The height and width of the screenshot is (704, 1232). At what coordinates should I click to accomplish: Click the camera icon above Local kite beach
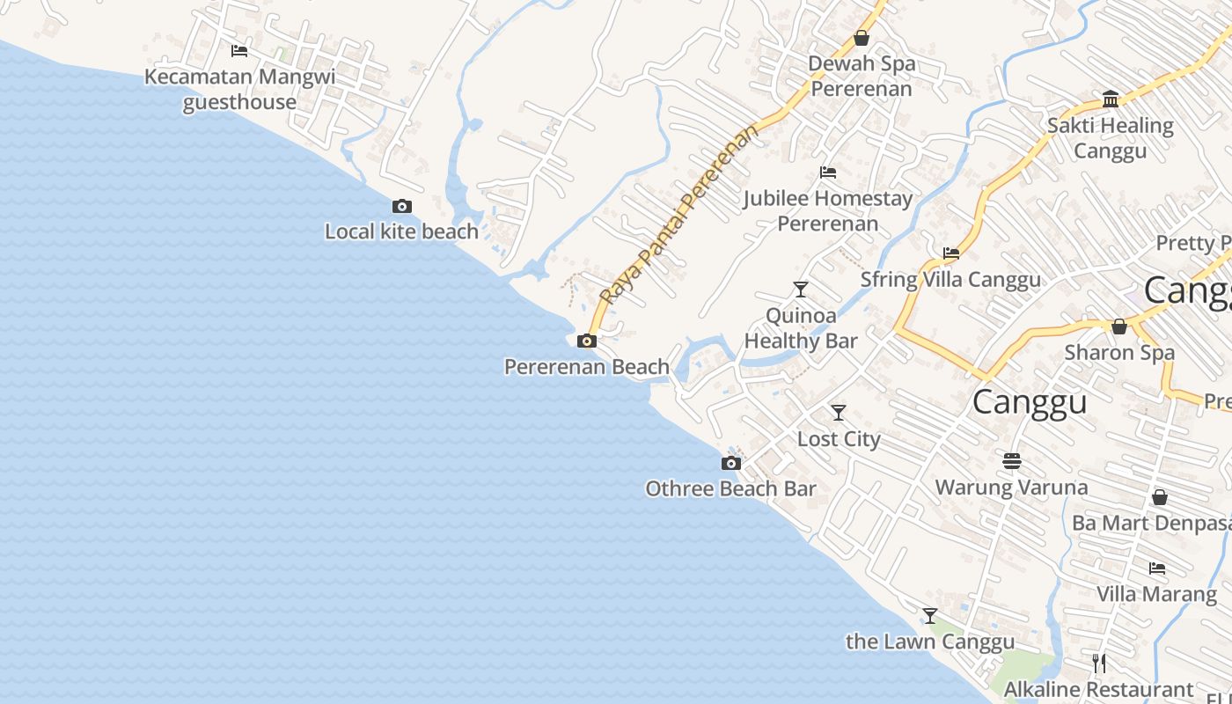point(402,207)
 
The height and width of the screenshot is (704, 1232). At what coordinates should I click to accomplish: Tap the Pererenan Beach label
point(586,366)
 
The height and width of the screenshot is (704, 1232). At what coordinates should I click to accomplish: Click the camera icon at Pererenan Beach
point(587,341)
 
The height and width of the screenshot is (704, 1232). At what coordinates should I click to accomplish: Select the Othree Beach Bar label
point(730,488)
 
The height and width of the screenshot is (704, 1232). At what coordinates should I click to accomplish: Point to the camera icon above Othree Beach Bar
point(730,464)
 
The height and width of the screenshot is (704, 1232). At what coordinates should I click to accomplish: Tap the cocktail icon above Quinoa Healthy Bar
point(801,289)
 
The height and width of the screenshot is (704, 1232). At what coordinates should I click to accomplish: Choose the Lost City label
point(839,438)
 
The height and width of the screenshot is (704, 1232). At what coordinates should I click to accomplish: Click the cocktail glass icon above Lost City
point(839,412)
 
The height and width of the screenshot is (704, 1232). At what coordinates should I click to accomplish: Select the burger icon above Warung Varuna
point(1012,460)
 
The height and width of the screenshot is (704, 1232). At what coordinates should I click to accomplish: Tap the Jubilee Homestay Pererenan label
point(827,210)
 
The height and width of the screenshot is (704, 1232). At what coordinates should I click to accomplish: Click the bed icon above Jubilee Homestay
point(827,172)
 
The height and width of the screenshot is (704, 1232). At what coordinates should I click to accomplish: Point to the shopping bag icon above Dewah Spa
point(862,38)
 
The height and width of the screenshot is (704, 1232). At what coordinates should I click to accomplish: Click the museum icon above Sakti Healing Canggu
point(1111,99)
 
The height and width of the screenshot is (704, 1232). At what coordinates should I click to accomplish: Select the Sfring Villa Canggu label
point(950,280)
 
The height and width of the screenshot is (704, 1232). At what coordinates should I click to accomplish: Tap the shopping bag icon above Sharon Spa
point(1119,326)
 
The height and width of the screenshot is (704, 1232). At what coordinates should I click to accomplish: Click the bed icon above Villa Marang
point(1157,568)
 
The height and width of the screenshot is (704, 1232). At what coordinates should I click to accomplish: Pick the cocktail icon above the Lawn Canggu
point(930,616)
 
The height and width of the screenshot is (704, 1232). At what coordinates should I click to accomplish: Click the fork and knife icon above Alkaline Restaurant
point(1098,663)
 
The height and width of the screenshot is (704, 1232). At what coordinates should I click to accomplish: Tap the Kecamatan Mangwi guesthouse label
point(239,89)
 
